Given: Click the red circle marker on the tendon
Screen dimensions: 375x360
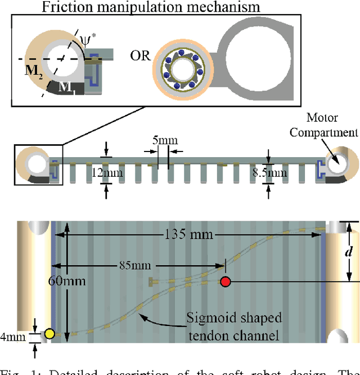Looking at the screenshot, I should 226,282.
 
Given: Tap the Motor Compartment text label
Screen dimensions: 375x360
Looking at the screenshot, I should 331,126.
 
